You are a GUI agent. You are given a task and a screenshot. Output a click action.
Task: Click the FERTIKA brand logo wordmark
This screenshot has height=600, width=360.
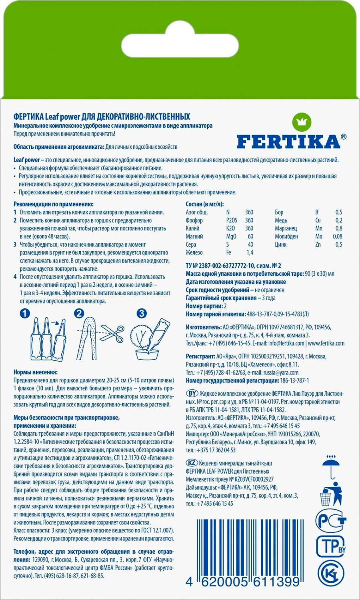[x=288, y=142]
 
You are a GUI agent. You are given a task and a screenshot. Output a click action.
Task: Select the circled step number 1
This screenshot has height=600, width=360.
[x=25, y=314]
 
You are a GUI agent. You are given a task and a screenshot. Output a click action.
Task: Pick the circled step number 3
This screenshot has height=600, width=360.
[x=142, y=314]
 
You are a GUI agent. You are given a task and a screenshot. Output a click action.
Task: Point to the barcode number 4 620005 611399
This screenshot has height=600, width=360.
[x=243, y=582]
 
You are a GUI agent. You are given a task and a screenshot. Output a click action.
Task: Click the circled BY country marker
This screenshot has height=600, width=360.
[x=192, y=393]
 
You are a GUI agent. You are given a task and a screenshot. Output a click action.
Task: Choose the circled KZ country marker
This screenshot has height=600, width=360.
[x=192, y=462]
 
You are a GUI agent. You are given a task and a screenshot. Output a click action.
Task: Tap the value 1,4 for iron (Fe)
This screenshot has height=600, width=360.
[x=250, y=252]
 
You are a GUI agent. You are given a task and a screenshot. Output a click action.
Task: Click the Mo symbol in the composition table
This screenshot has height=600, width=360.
[x=318, y=236]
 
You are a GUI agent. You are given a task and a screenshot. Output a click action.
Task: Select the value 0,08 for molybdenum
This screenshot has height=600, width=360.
[x=337, y=236]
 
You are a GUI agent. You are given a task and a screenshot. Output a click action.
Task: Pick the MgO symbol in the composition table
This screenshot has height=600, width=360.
[x=231, y=236]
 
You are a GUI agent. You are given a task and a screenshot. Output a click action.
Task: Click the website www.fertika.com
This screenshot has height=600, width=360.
[x=326, y=343]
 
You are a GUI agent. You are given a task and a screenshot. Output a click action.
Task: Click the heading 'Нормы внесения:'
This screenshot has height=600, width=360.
[x=35, y=372]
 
